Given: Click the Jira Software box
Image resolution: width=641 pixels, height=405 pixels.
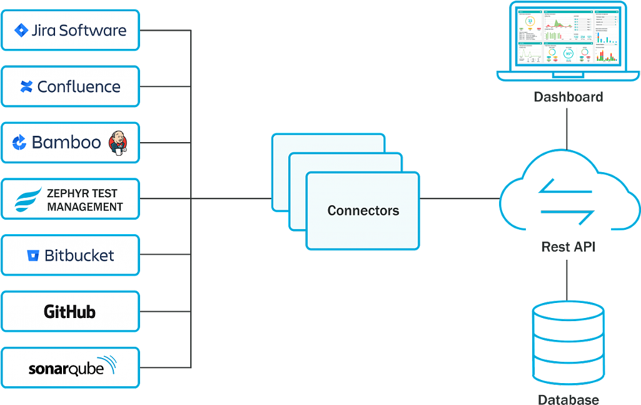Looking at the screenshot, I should coord(70,30).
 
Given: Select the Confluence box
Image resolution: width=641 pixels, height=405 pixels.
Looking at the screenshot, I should coord(70,86).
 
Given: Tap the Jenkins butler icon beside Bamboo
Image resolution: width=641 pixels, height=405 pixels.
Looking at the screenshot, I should coord(118,142).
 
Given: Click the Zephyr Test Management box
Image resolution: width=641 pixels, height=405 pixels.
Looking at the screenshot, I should coord(70,199).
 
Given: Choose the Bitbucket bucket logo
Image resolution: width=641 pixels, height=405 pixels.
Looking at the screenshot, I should coord(33,255).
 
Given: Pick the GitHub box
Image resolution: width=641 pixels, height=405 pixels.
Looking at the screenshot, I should coord(70,311).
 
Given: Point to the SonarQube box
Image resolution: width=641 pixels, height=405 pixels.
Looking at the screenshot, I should coord(70,367).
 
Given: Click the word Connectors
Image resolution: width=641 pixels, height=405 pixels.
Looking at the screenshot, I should coord(363,211).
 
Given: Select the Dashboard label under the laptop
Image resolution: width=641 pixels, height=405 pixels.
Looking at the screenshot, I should coord(568,97).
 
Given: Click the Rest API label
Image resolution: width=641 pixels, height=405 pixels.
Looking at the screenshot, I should coord(568,247).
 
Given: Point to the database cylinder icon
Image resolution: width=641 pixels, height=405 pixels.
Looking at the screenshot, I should coord(568,344).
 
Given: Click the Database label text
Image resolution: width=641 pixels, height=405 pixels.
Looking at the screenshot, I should coord(568,399).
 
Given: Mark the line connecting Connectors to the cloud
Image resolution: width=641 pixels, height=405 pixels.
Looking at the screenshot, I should coord(460,200).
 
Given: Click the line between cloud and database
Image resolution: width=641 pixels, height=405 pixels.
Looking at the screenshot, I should coord(567,279).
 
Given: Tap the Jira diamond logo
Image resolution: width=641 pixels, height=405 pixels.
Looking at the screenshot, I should coord(22,30).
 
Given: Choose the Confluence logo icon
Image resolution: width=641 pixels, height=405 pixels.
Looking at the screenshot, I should coord(26,87).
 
